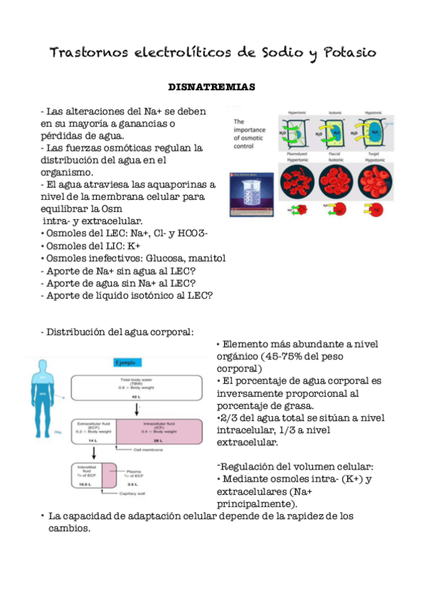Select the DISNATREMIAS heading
pos(211,87)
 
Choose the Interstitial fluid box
pos(85,475)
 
